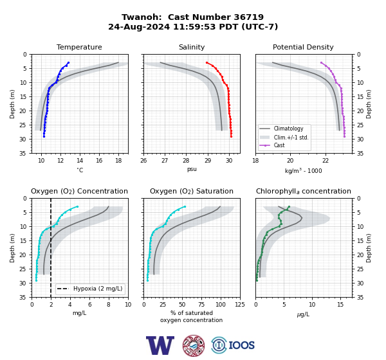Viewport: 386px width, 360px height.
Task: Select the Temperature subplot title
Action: point(79,47)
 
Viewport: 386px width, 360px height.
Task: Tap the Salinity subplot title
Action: point(192,47)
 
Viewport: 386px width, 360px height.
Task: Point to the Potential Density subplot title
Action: point(303,47)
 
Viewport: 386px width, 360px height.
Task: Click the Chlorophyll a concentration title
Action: point(304,191)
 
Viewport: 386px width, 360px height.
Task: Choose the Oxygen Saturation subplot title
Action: point(192,191)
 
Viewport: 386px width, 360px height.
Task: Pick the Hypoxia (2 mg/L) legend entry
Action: point(90,289)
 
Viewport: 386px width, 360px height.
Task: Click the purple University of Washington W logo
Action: point(160,345)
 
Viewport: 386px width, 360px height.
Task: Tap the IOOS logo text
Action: point(241,345)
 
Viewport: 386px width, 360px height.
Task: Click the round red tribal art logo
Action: point(194,346)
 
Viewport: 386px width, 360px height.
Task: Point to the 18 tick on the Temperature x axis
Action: point(118,161)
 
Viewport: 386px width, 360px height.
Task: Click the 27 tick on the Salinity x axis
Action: point(165,161)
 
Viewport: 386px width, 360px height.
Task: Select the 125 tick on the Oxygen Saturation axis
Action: point(240,305)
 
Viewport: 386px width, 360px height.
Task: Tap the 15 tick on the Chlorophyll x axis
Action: point(340,305)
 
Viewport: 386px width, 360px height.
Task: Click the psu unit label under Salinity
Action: point(192,169)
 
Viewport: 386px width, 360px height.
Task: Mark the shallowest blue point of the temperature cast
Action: point(68,62)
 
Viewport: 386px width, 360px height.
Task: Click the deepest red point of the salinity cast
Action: point(231,136)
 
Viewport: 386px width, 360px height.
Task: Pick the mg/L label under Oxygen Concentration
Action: point(79,313)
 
